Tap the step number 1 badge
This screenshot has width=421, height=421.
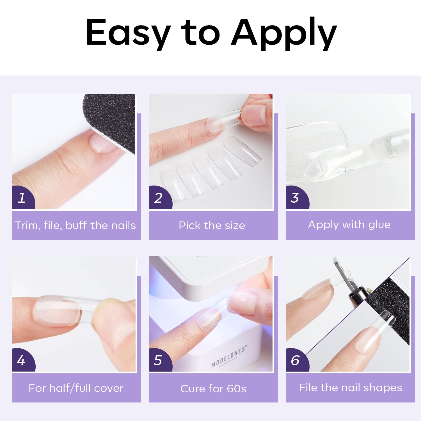coord(22,198)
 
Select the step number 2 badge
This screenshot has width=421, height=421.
coord(159,198)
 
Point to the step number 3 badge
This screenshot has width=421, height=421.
coord(295,198)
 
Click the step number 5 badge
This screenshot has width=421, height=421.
coord(159,360)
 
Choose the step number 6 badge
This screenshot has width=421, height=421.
coord(295,360)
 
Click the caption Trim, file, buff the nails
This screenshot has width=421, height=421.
coord(75,225)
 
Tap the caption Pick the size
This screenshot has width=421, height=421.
coord(212,225)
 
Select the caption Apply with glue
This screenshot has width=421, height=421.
coord(349,225)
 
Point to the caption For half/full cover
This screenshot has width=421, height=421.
coord(76,388)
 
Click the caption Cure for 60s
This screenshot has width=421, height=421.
coord(213,389)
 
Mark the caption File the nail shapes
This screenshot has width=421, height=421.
coord(351,388)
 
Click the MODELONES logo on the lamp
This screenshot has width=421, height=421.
coord(229,356)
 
